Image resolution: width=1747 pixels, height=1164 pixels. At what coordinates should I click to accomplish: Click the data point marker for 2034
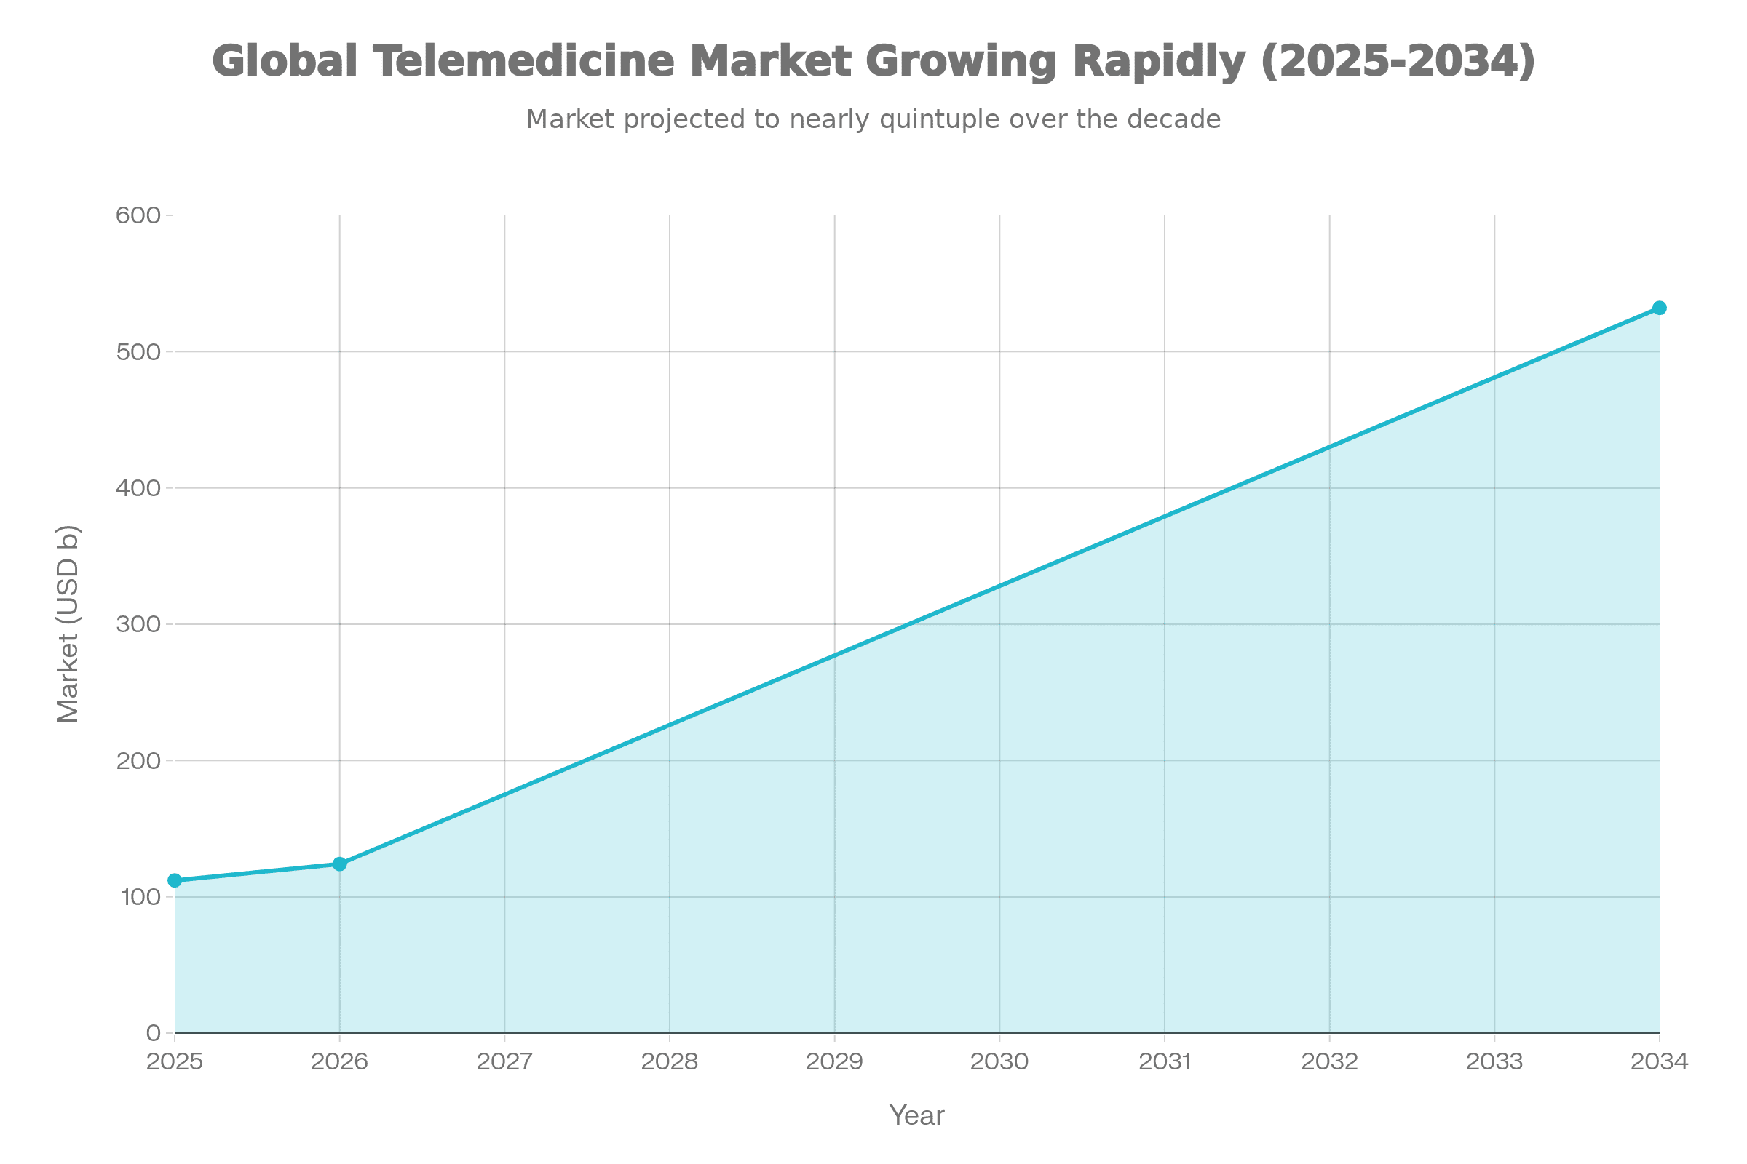1660,308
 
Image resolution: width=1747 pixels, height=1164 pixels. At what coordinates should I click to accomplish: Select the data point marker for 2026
339,864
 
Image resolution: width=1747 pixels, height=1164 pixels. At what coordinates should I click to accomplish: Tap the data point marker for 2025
175,880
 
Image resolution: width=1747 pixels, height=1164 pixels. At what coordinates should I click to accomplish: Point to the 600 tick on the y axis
139,216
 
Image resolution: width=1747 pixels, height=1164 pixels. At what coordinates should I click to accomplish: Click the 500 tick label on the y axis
139,352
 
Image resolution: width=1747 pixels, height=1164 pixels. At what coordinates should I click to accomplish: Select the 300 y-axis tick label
139,624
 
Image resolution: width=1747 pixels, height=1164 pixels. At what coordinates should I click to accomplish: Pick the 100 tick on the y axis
139,897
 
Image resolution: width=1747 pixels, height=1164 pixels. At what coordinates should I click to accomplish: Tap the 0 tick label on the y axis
154,1032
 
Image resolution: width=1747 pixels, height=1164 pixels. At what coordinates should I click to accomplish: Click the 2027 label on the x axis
504,1061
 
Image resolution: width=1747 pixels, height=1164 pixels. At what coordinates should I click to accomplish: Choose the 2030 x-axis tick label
999,1061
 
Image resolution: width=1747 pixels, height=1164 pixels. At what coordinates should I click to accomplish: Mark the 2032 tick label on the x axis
1329,1061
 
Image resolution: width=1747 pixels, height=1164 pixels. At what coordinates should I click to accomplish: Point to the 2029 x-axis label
834,1061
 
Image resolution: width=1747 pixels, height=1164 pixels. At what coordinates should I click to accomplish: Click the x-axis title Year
916,1116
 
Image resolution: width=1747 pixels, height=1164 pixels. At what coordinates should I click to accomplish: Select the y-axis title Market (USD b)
68,624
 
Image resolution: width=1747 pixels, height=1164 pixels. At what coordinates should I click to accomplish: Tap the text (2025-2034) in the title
1398,61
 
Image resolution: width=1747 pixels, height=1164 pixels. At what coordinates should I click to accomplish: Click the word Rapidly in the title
1159,61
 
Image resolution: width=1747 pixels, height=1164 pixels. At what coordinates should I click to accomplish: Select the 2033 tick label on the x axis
1494,1061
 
